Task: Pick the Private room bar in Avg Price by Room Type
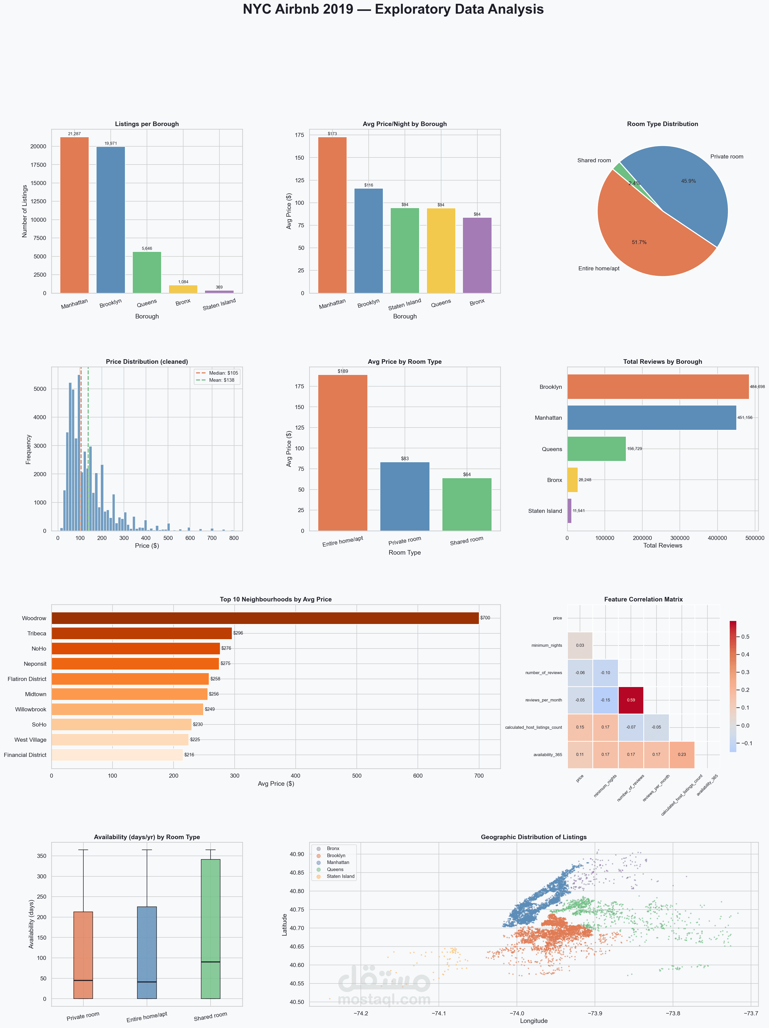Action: click(x=404, y=496)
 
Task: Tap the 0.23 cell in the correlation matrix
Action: click(x=682, y=754)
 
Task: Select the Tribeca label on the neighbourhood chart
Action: click(x=37, y=633)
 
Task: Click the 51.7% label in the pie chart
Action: click(x=639, y=242)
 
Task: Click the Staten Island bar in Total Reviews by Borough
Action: click(x=569, y=511)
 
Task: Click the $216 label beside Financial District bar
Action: click(x=189, y=755)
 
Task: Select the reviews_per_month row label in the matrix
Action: click(x=543, y=700)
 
